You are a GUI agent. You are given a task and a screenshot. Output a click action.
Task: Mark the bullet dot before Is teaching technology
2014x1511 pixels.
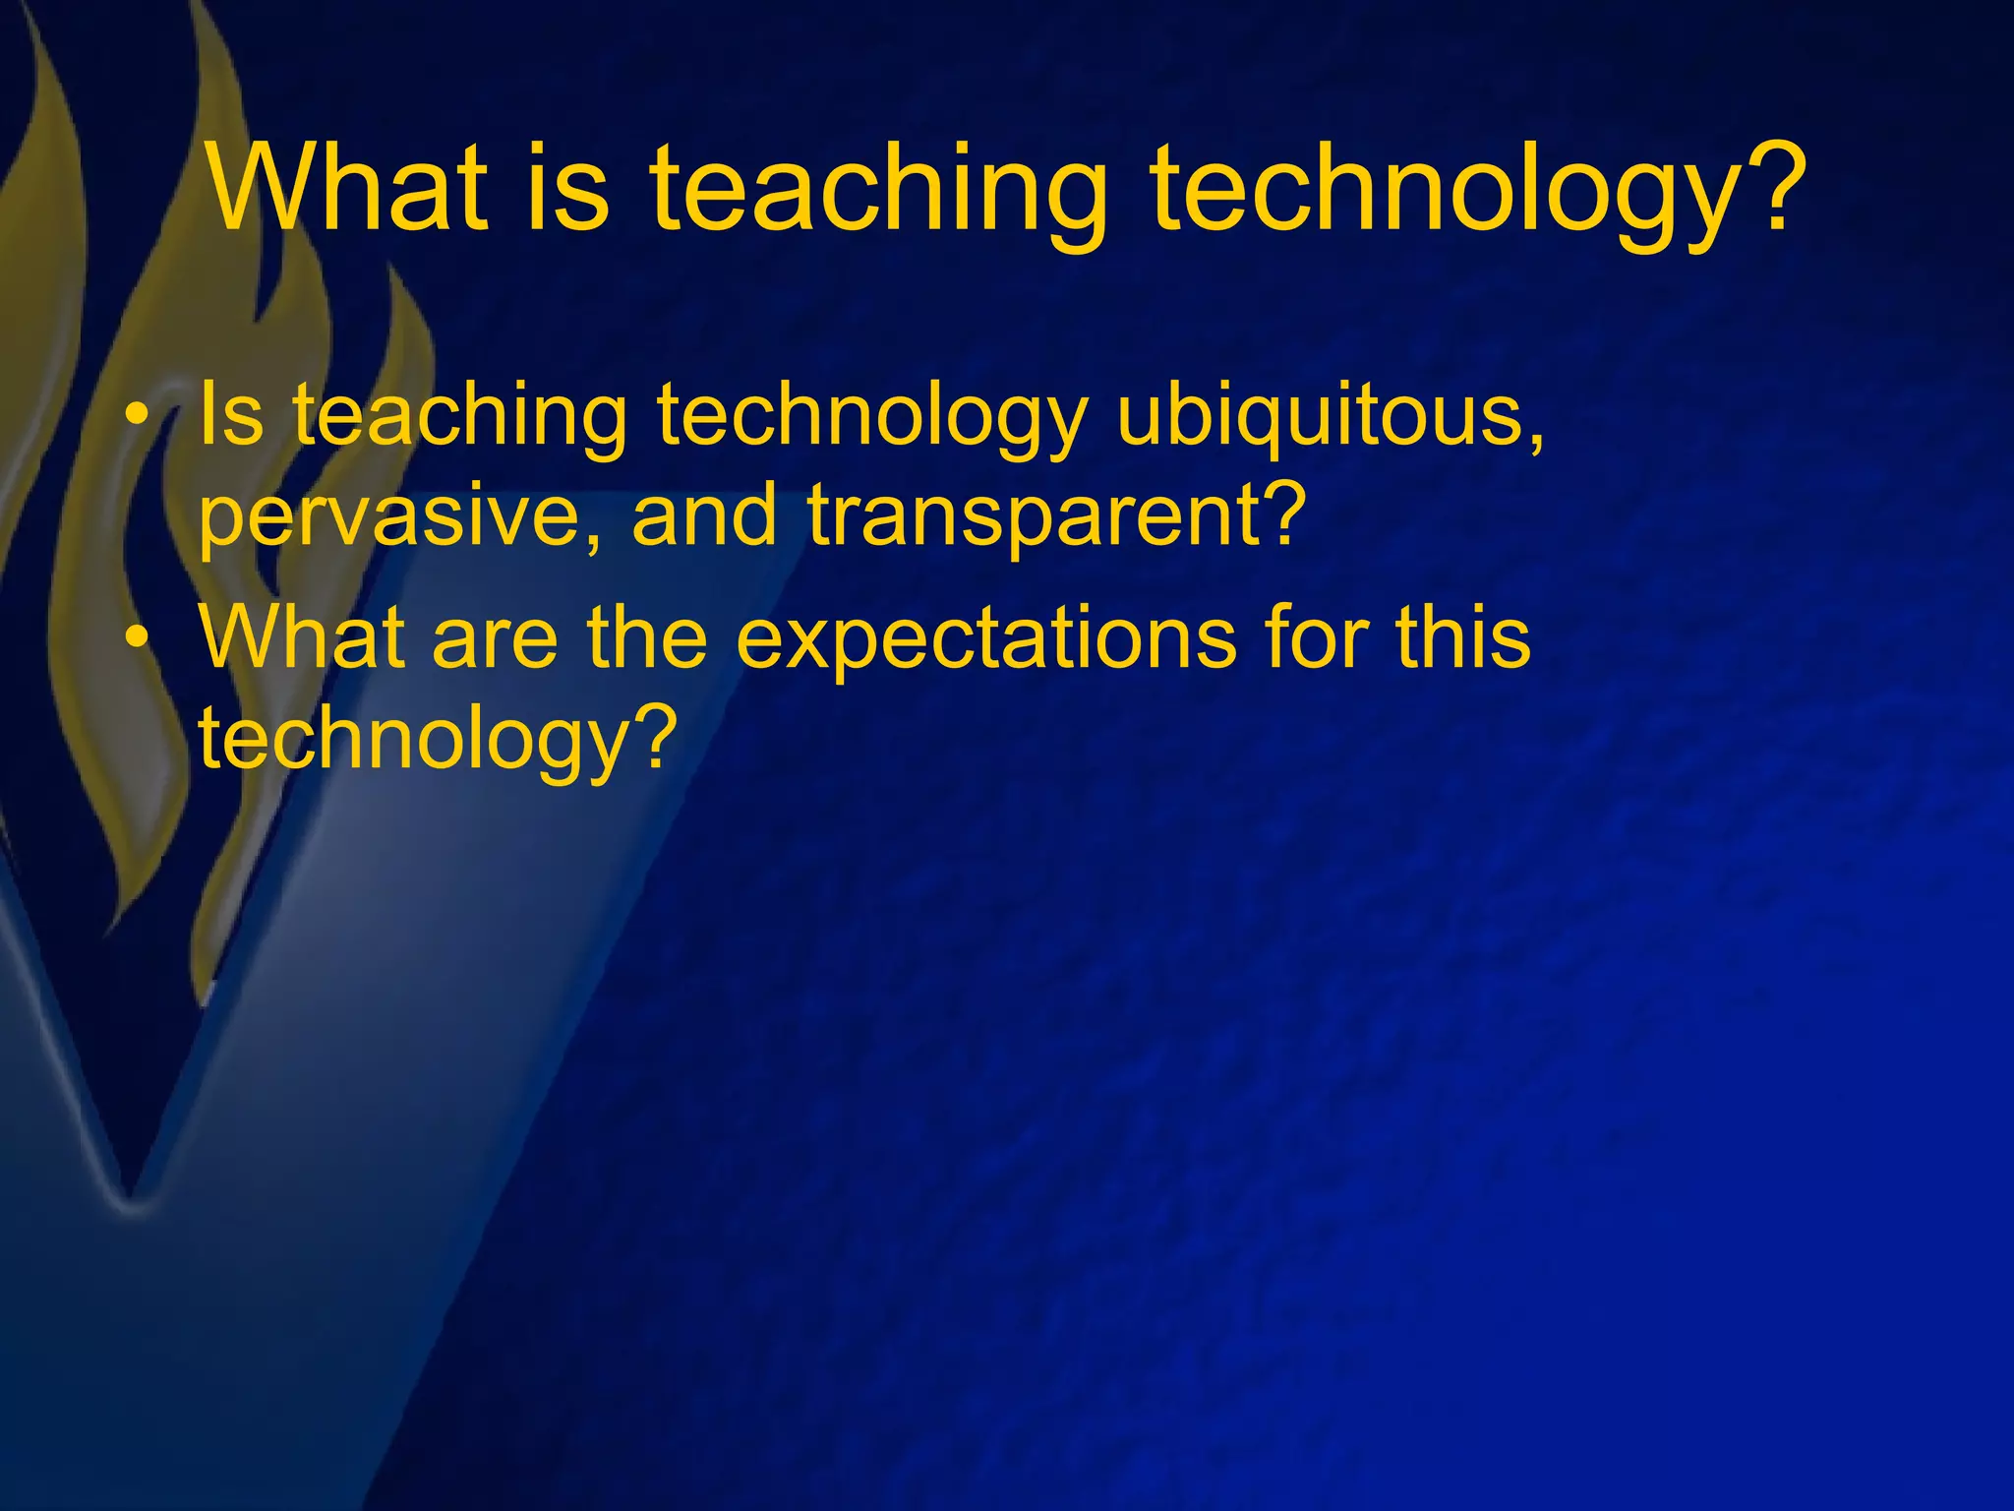pyautogui.click(x=141, y=419)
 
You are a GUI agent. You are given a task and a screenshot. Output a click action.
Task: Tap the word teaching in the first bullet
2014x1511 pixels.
pyautogui.click(x=460, y=418)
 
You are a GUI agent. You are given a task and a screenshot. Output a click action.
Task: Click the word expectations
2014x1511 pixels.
pyautogui.click(x=985, y=641)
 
